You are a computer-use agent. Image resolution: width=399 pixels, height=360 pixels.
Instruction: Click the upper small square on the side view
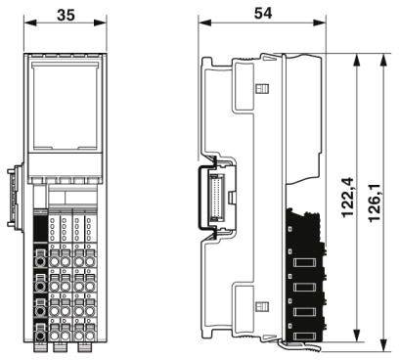pos(261,91)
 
